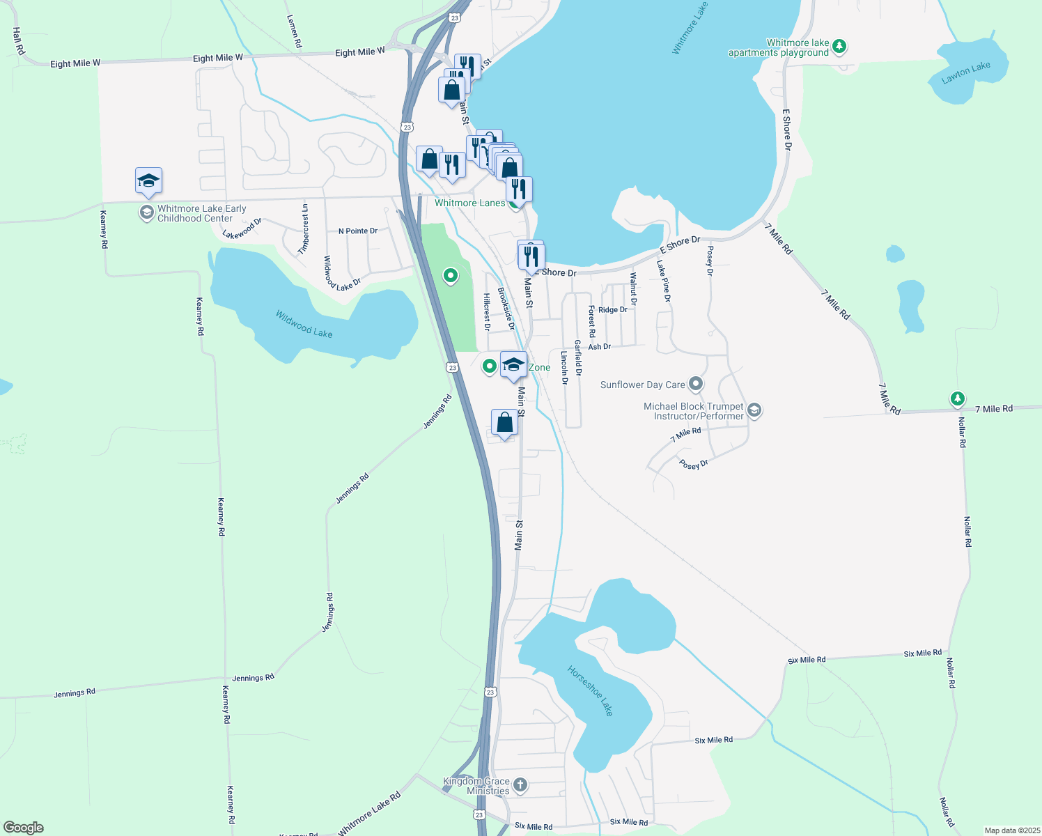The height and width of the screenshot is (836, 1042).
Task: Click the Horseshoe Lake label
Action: coord(590,691)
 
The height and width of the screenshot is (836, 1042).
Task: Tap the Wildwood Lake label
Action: coord(304,324)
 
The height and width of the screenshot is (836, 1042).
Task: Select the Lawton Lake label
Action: coord(965,72)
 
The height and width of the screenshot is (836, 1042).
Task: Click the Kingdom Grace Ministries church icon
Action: coord(520,786)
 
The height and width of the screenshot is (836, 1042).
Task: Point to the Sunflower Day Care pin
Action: coord(695,384)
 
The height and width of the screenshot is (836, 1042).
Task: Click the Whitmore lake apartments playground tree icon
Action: coord(840,47)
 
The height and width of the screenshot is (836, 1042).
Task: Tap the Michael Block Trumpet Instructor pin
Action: coord(754,411)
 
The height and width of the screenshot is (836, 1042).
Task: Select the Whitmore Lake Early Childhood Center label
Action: coord(201,213)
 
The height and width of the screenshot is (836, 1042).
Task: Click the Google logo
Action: coord(24,828)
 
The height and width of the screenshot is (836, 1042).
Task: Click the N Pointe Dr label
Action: coord(358,231)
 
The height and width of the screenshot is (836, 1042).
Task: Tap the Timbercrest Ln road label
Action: coord(304,229)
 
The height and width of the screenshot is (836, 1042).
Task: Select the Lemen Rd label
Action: coord(295,32)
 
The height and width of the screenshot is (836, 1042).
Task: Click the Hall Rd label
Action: coord(19,41)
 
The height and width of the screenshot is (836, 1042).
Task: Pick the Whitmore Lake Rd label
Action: coord(370,813)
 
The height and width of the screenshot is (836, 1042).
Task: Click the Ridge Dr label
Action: coord(613,310)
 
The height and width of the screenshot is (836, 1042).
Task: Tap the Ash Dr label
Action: coord(599,346)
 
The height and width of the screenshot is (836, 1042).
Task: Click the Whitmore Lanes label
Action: coord(469,203)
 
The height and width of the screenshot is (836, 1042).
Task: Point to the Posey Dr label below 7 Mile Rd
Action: coord(693,464)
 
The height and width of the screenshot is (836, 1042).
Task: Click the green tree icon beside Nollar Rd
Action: coord(958,398)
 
